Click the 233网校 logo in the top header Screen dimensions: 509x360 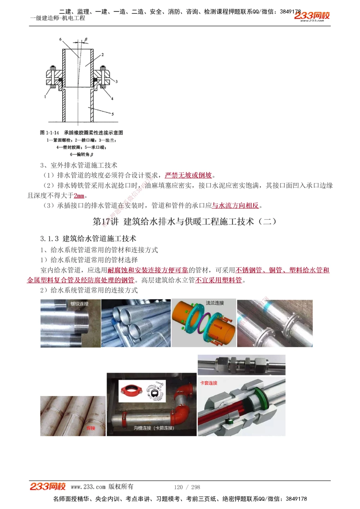pos(312,16)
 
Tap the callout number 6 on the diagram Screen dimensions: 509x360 pos(60,39)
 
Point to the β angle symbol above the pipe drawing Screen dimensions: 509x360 pos(86,39)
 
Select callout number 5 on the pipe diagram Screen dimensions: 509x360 pos(112,114)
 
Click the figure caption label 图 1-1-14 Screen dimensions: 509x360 pos(49,133)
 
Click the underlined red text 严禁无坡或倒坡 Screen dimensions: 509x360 pos(188,175)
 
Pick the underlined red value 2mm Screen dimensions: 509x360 pos(79,196)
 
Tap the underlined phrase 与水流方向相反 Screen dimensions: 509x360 pos(235,205)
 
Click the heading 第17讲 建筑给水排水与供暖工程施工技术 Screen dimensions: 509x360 pos(184,222)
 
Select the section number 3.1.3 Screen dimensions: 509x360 pos(49,238)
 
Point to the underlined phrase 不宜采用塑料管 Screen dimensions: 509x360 pos(219,280)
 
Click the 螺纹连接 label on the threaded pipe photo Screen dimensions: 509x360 pos(79,304)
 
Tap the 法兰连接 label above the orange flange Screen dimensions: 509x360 pos(215,303)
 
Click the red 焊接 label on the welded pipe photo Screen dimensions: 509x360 pos(91,428)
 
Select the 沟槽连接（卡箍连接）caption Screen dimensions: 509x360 pos(154,428)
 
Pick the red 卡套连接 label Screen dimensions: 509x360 pos(209,383)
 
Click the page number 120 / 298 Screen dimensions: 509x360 pos(187,487)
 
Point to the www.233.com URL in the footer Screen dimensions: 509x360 pos(88,487)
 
